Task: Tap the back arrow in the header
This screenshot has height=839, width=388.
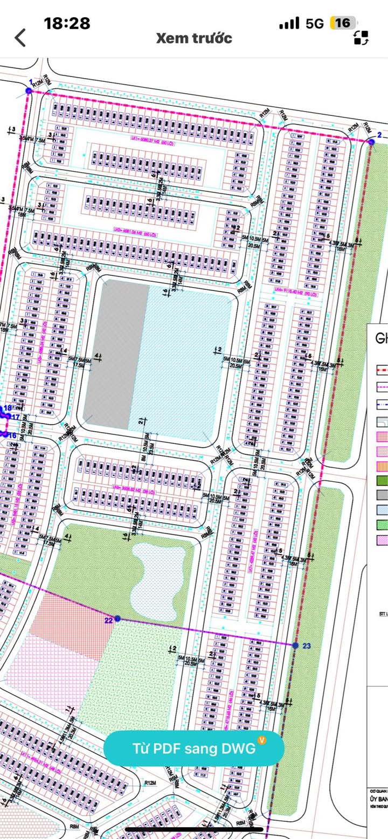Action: (x=20, y=38)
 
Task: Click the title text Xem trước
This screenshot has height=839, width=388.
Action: (x=194, y=38)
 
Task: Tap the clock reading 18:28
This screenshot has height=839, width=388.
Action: (x=67, y=23)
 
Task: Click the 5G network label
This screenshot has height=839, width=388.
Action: (x=314, y=24)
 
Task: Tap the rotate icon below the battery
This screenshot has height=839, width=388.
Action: (x=361, y=38)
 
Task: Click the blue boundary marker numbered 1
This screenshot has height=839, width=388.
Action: (x=29, y=91)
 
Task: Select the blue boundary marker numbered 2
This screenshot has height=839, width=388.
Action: (x=371, y=142)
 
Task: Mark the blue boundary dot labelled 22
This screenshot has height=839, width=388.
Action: (x=117, y=619)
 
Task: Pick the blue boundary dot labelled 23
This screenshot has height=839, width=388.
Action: (x=295, y=645)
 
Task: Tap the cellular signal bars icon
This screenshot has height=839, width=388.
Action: (x=289, y=24)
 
